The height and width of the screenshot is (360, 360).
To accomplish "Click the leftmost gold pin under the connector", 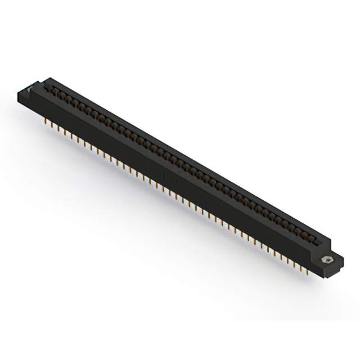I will [x=43, y=120].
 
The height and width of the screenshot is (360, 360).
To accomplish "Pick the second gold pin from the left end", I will [x=48, y=123].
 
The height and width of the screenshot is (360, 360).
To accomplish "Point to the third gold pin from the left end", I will [x=54, y=126].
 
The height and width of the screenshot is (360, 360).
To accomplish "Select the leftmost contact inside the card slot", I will [x=56, y=90].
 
